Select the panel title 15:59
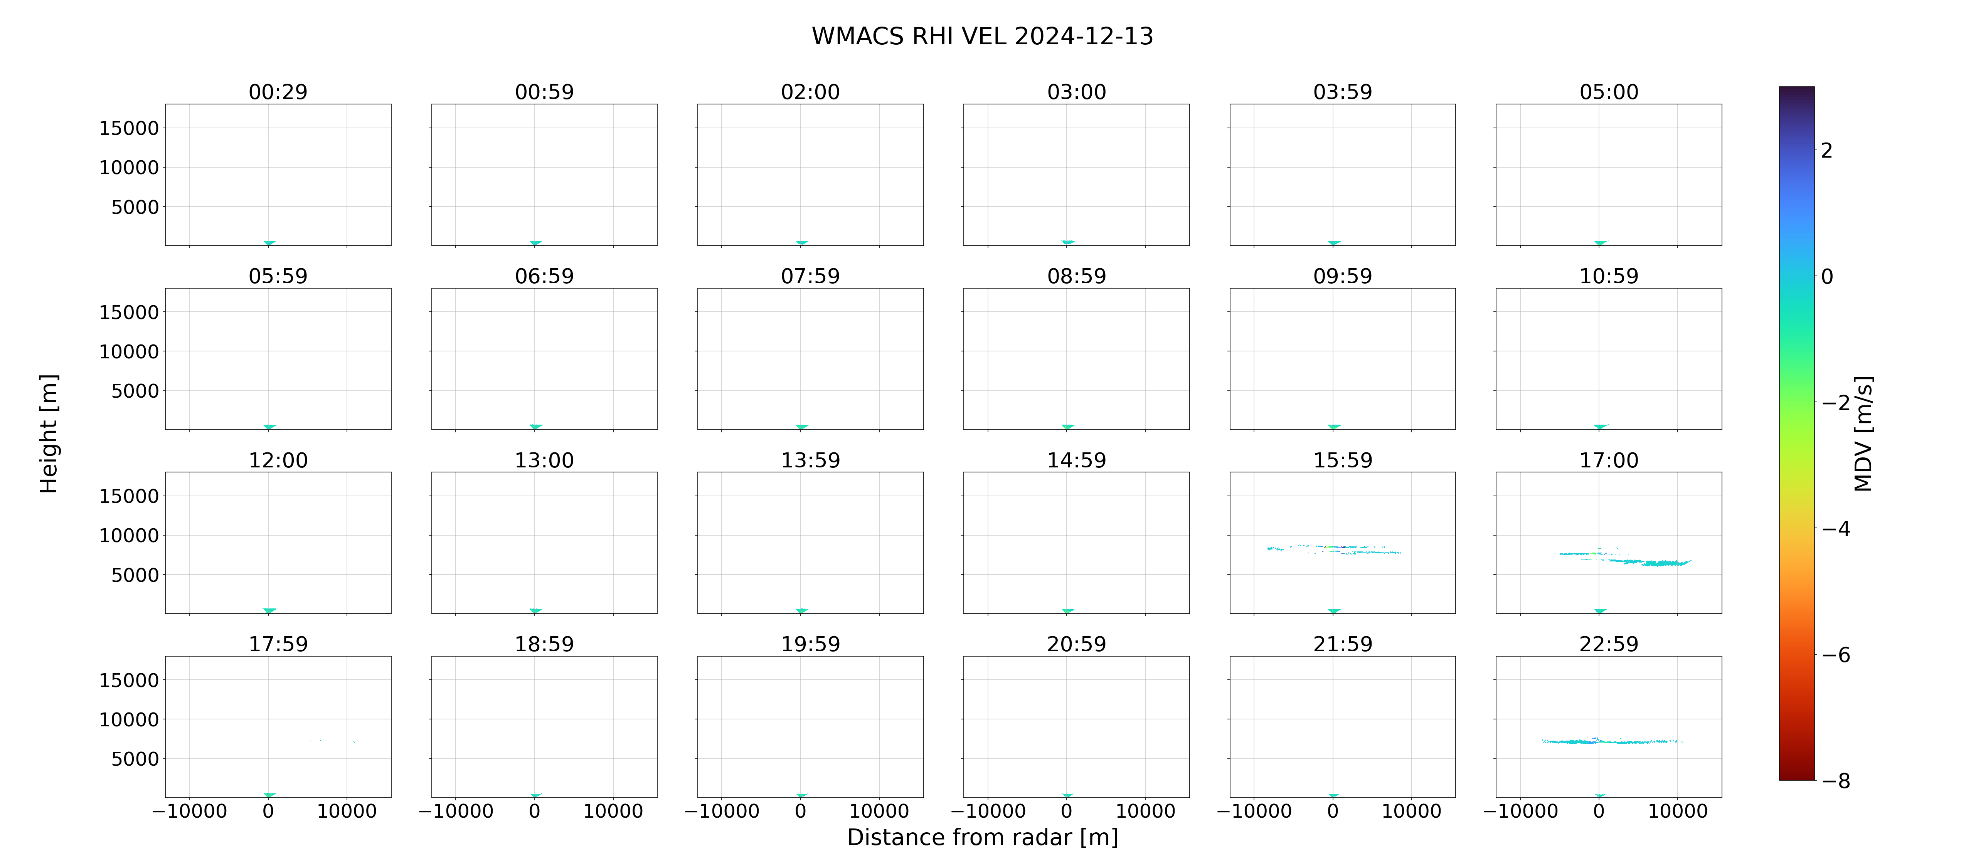point(1342,460)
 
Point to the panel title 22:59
point(1609,644)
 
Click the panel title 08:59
point(1076,276)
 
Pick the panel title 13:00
point(544,460)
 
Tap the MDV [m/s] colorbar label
point(1863,434)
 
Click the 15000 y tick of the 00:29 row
point(129,128)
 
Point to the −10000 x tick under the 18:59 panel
point(456,811)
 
